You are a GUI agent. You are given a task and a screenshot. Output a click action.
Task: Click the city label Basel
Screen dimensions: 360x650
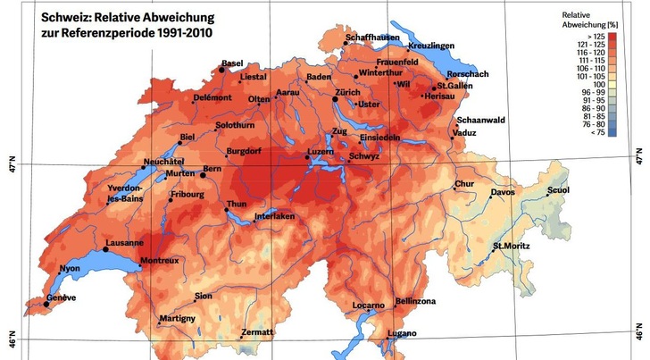233,64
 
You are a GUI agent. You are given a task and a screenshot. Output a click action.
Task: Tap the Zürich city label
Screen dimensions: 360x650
347,92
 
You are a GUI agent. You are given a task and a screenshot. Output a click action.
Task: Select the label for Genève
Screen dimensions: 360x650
62,297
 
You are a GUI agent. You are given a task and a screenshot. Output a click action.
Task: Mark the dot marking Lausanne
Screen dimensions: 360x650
104,249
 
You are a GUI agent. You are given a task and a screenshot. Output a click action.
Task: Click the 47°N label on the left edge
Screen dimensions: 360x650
12,165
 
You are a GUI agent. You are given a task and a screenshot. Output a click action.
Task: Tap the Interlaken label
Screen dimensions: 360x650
273,217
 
